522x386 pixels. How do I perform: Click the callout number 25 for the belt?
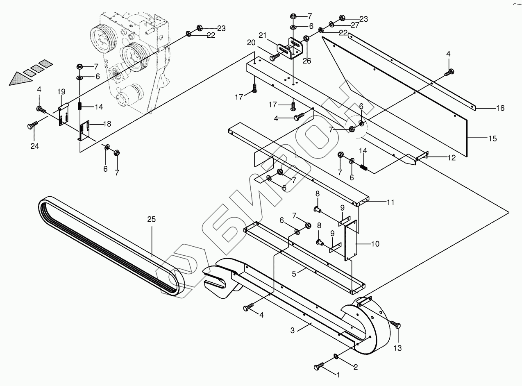point(152,220)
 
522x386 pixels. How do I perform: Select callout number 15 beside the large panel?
point(492,139)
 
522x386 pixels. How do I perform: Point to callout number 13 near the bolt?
point(397,348)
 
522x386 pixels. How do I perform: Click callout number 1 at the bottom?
point(338,374)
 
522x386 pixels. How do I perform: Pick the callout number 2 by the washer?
point(356,367)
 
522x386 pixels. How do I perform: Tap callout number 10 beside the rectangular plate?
point(374,244)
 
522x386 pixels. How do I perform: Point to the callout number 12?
point(451,157)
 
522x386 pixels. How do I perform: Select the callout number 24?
point(34,145)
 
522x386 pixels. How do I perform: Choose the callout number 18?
point(107,124)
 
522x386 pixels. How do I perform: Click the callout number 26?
point(307,61)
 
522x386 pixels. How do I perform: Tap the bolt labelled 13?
point(396,325)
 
